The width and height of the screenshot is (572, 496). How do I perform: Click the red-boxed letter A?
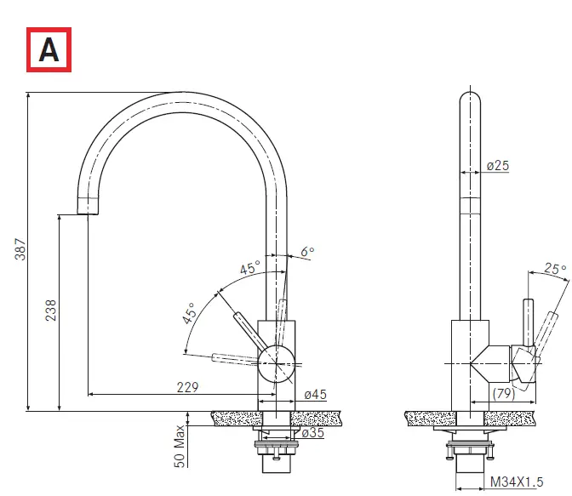[49, 49]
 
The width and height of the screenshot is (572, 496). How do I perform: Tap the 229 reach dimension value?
[188, 387]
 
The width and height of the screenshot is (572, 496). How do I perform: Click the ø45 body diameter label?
[316, 394]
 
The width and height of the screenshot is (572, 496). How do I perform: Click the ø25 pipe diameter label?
[498, 166]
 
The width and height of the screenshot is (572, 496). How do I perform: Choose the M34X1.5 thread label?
[516, 482]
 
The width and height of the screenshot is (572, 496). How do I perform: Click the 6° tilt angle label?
[307, 252]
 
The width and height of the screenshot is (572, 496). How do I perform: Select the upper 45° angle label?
[249, 270]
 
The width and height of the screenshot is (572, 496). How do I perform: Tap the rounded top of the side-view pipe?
[470, 98]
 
